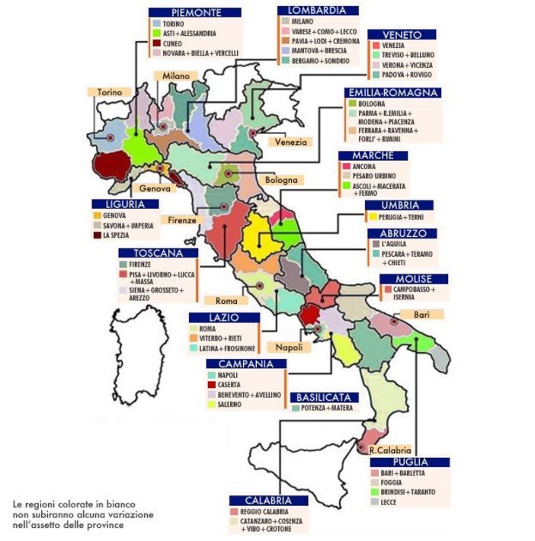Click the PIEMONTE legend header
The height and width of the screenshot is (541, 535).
[x=196, y=13]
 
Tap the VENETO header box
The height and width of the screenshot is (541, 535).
[x=401, y=34]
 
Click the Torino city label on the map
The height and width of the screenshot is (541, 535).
[x=110, y=92]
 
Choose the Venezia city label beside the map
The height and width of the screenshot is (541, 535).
[x=290, y=142]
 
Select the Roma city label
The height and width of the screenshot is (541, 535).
[x=226, y=301]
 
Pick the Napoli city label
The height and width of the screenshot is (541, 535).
[x=288, y=347]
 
